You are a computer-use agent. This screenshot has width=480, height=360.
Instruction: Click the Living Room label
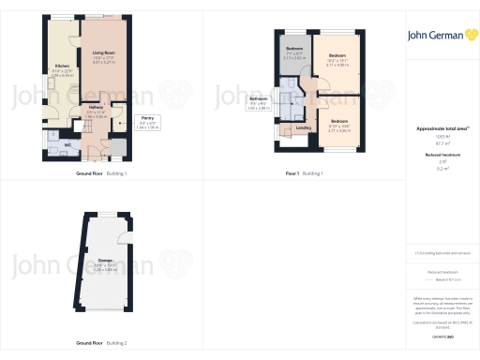click(103, 58)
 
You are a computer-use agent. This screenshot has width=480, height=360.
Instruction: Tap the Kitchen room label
click(62, 69)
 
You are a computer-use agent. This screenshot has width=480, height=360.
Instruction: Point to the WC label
click(67, 145)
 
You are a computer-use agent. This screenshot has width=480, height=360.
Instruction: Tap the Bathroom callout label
click(258, 103)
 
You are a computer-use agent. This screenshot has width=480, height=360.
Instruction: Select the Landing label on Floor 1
click(303, 127)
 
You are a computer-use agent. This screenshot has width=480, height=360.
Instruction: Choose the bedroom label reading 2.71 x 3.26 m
click(339, 126)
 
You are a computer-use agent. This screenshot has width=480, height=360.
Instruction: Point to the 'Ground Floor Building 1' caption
click(101, 174)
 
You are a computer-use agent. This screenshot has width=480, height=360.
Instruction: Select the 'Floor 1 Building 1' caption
click(304, 174)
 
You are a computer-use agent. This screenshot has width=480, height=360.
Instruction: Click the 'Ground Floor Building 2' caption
click(101, 343)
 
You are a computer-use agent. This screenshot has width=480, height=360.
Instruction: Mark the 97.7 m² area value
click(441, 143)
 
